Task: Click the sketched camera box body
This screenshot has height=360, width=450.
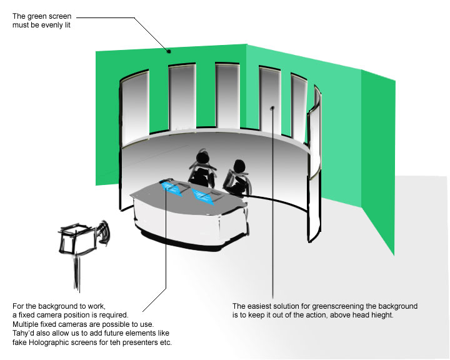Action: click(77, 239)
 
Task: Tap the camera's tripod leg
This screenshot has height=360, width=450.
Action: click(77, 272)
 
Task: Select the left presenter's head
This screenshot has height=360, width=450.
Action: click(203, 157)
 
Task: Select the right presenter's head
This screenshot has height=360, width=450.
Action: click(239, 166)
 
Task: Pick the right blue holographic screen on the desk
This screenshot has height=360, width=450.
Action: click(204, 197)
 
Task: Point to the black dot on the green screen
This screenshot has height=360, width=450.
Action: click(169, 51)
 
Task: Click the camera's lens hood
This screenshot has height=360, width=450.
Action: click(102, 232)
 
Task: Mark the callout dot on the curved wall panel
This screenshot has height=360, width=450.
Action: click(272, 108)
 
